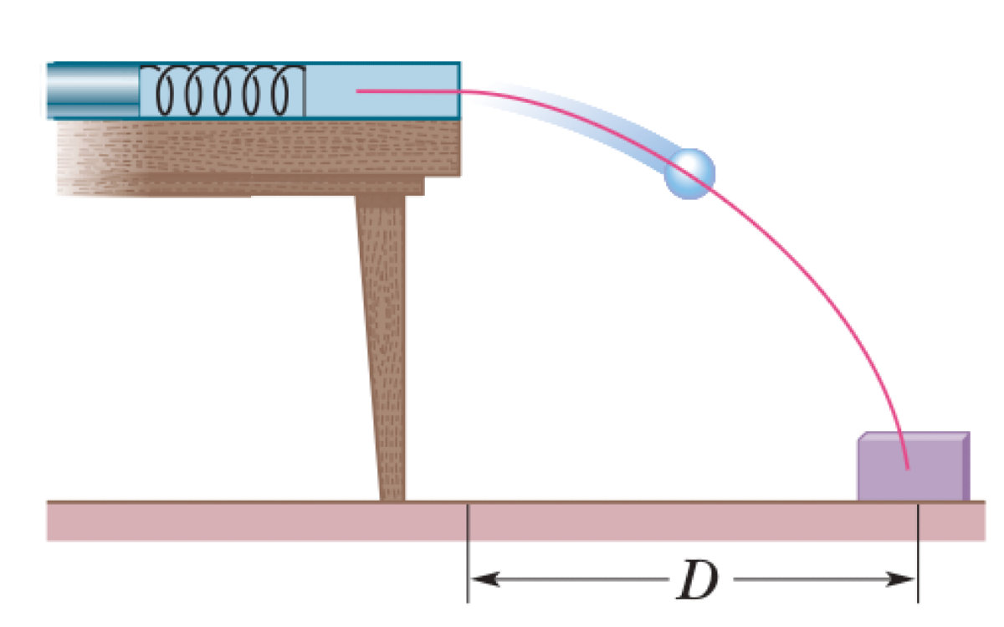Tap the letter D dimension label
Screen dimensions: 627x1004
point(698,578)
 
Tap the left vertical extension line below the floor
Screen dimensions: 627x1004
point(468,569)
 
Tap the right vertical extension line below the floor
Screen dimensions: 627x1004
point(919,569)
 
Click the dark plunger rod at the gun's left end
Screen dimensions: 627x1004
point(92,90)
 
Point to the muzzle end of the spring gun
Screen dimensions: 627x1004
point(457,90)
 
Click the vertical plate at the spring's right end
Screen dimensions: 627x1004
point(304,90)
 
